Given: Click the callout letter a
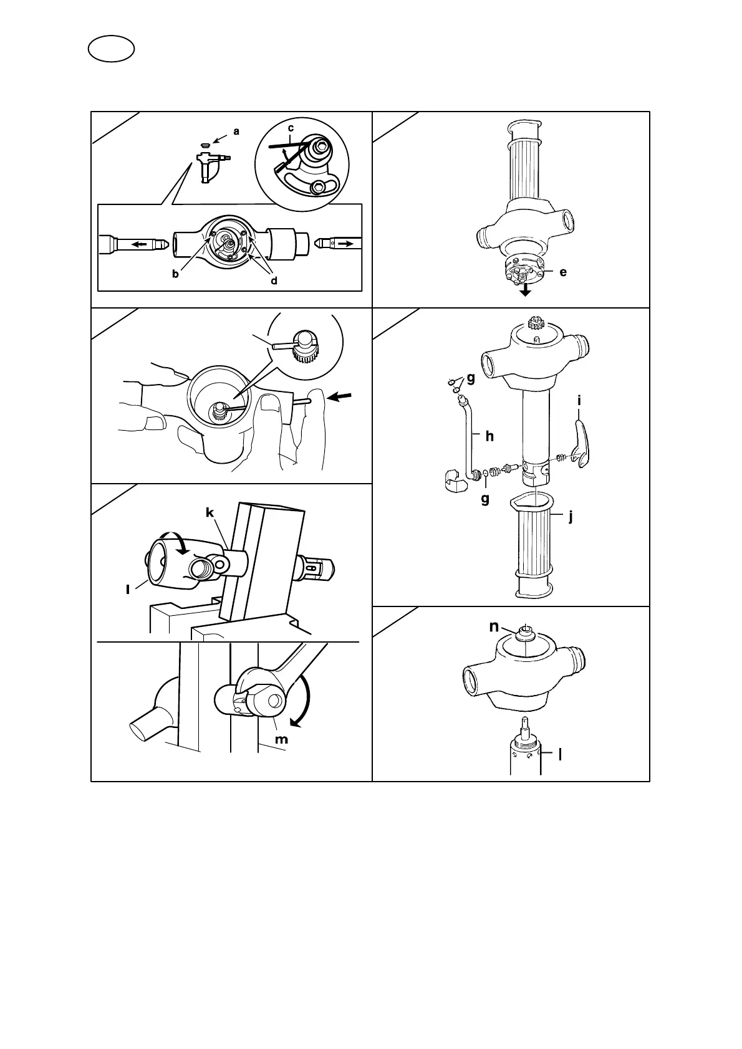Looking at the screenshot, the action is click(236, 132).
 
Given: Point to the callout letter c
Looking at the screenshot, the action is click(291, 128).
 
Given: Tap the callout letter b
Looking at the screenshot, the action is click(176, 274).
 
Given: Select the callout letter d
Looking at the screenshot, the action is click(274, 280).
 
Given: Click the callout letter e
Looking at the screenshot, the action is click(563, 272).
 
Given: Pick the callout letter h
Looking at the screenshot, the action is click(489, 436).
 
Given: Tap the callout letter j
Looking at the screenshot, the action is click(570, 516).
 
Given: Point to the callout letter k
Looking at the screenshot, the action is click(210, 512).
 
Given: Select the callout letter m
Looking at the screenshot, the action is click(282, 739).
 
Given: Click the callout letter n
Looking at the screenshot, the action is click(494, 626).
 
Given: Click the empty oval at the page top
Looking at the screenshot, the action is click(112, 49).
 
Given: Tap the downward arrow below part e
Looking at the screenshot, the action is click(526, 290).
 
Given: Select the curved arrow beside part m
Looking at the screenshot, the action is click(303, 704).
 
